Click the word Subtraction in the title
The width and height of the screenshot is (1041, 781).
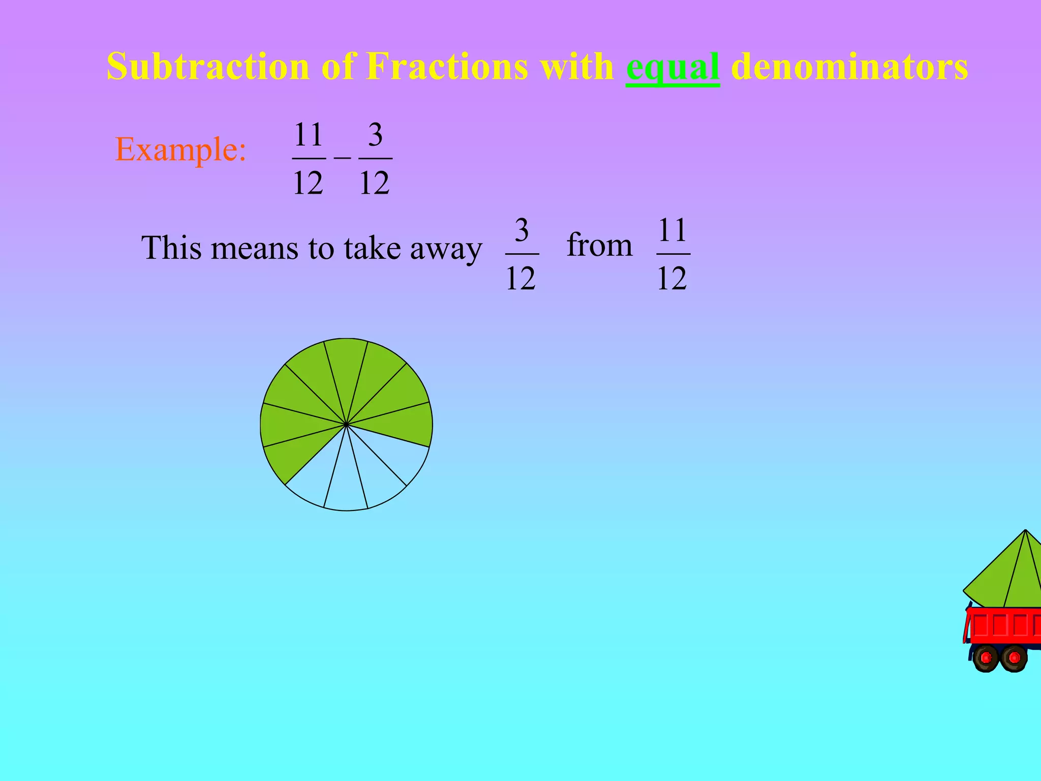208,66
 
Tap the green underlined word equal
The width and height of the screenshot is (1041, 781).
672,67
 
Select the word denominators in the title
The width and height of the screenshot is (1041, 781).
849,66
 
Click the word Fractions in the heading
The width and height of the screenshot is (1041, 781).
447,66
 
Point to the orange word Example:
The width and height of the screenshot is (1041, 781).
181,149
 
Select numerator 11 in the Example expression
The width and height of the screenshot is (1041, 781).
309,135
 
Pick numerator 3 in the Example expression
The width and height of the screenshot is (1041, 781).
375,135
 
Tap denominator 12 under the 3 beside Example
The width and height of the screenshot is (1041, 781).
375,183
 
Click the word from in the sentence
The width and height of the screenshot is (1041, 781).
599,245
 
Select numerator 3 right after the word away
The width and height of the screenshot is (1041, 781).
522,230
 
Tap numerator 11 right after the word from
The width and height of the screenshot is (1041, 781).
672,230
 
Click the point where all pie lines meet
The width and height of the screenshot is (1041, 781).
346,424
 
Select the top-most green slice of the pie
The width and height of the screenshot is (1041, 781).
346,366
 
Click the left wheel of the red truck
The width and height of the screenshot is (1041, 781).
986,658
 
